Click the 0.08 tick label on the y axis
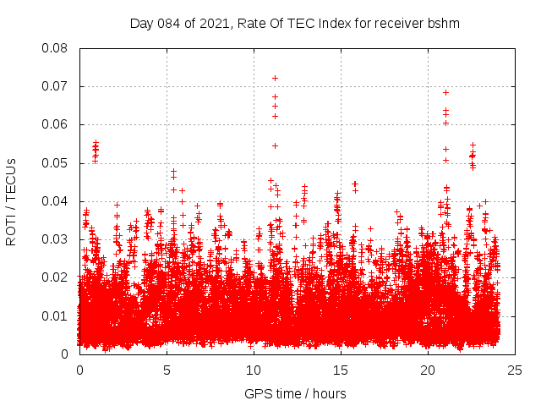pos(56,48)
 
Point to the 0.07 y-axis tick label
pos(56,86)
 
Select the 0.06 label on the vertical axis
pos(56,124)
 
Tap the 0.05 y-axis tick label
pos(56,162)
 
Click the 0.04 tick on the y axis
pos(56,201)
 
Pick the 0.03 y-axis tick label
pos(56,239)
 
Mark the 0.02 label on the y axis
pos(56,277)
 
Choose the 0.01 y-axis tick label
pos(56,315)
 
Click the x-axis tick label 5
pos(167,370)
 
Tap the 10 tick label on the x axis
pos(254,370)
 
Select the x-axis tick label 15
pos(341,370)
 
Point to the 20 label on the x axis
pos(428,370)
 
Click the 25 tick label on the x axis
pos(515,370)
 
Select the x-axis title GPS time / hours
pos(295,393)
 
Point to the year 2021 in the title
pos(212,24)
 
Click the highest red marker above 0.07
pos(275,78)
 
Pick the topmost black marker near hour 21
pos(445,92)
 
